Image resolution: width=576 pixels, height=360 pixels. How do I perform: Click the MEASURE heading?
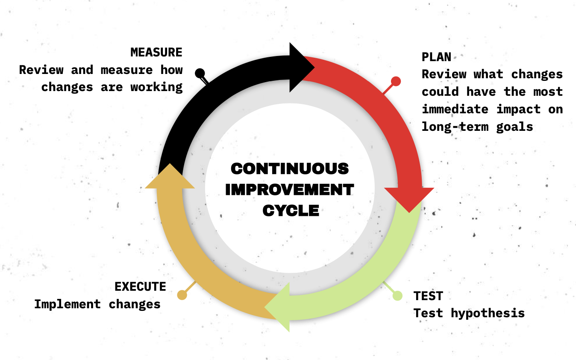coord(156,52)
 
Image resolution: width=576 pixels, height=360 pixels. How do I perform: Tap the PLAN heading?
coord(436,57)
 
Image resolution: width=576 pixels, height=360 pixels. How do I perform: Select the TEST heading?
coord(428,295)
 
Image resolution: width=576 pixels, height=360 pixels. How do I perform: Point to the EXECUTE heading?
coord(140,286)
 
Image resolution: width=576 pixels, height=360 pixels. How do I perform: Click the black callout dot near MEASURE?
coord(200,73)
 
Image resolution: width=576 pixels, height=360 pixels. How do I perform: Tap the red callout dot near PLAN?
coord(396,81)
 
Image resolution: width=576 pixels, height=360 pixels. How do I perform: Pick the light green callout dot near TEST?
coord(397,295)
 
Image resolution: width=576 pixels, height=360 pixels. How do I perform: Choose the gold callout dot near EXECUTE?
coord(182,295)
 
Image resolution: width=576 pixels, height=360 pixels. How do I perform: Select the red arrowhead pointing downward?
coord(409,201)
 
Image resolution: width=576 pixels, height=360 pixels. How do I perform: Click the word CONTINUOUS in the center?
coord(290,168)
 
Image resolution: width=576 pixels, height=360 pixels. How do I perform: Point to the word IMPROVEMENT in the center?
coord(290,189)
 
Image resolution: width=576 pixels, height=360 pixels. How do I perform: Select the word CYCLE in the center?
coord(291,210)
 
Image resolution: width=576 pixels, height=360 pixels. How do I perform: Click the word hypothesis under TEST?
coord(488,313)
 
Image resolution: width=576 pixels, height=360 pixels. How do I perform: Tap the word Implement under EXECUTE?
coord(68,304)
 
